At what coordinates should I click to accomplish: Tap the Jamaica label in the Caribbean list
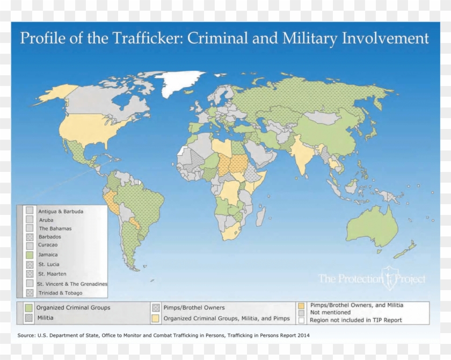point(48,255)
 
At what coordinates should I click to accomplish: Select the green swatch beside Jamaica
point(30,255)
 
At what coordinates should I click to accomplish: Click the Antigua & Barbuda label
point(61,211)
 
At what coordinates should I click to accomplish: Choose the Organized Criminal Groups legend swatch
point(29,308)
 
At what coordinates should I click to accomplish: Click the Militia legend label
point(46,318)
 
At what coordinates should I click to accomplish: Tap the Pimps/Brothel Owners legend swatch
point(156,308)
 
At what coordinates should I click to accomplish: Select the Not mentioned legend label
point(330,312)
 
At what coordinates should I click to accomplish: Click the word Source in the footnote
point(27,335)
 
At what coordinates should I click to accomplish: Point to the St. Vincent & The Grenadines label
point(72,283)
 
